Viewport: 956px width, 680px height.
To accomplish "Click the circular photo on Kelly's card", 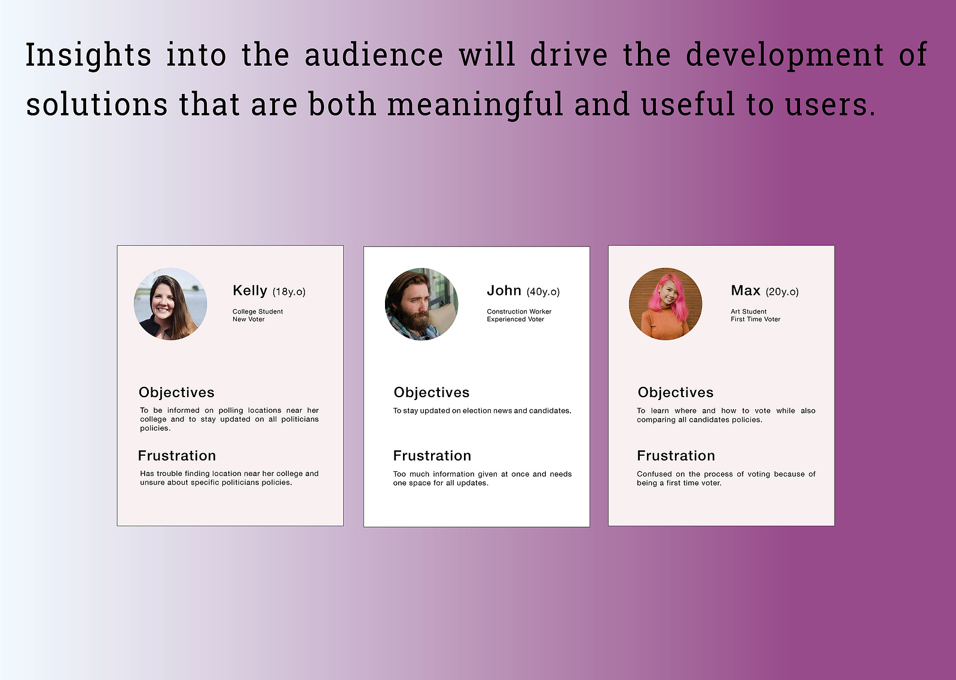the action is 170,304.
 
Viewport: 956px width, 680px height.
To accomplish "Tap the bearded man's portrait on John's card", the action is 422,304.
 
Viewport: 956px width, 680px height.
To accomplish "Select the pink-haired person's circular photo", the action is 665,304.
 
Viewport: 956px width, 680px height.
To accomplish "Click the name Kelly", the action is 250,290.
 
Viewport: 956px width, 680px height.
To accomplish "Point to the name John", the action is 504,290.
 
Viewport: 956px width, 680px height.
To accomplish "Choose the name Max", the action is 746,290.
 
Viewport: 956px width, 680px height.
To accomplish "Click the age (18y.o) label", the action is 289,292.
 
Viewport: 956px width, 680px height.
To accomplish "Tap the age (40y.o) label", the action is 543,292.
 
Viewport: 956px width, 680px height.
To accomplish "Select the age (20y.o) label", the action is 782,292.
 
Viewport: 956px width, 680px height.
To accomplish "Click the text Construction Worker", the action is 519,312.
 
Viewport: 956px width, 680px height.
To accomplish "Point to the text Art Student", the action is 749,312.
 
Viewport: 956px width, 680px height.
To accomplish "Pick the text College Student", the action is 258,312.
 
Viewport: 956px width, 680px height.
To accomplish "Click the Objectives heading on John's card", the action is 432,392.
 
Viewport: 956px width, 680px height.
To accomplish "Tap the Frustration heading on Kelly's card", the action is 177,456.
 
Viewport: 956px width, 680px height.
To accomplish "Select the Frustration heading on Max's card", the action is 676,456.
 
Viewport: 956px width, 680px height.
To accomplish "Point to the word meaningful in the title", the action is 475,105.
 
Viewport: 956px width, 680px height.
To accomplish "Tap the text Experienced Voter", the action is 515,319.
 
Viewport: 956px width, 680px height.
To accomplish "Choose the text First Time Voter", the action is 755,319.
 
